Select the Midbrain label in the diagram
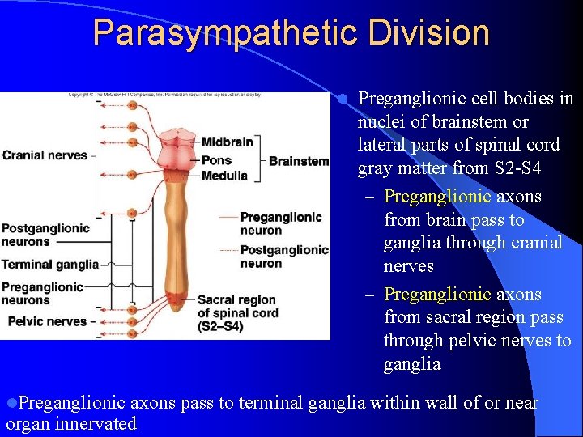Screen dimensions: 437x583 [x=227, y=142]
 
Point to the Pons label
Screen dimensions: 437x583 [x=216, y=159]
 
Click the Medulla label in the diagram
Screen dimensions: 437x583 [x=224, y=176]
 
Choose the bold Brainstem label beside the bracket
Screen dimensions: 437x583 [x=299, y=161]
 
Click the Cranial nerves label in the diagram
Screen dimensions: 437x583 [x=45, y=155]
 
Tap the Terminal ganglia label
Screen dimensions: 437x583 [x=49, y=265]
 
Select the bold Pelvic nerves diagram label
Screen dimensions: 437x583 [x=47, y=321]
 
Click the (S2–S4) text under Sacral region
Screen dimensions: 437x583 [x=219, y=327]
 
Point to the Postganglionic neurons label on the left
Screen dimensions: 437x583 [x=45, y=235]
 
